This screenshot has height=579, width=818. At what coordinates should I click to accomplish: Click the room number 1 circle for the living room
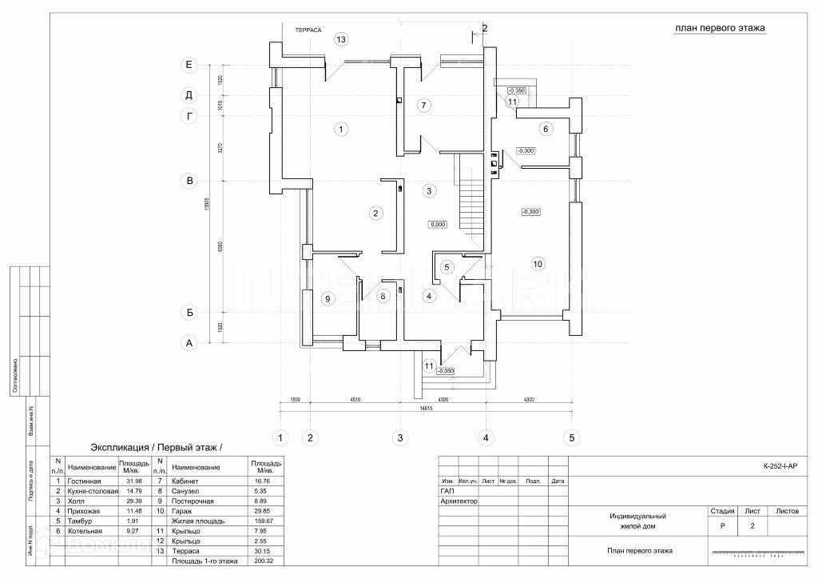(x=340, y=128)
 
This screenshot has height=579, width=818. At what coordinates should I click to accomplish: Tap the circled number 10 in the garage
(x=538, y=263)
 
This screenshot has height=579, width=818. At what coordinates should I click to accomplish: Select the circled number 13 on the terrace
(x=341, y=38)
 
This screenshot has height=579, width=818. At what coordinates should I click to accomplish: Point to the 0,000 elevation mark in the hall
(x=437, y=225)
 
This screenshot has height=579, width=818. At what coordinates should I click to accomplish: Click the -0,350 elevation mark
(x=517, y=90)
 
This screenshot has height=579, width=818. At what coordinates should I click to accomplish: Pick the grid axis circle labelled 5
(x=571, y=437)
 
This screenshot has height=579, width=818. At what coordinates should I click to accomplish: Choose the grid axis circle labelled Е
(x=189, y=64)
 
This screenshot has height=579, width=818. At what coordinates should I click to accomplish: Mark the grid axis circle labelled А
(x=189, y=343)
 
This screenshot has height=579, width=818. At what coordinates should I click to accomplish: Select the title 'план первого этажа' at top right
(x=720, y=28)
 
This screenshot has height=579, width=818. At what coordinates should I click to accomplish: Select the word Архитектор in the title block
(x=459, y=501)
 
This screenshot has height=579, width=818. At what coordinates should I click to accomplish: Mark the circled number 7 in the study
(x=424, y=105)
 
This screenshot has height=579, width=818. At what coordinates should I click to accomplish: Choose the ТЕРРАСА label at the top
(x=308, y=30)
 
